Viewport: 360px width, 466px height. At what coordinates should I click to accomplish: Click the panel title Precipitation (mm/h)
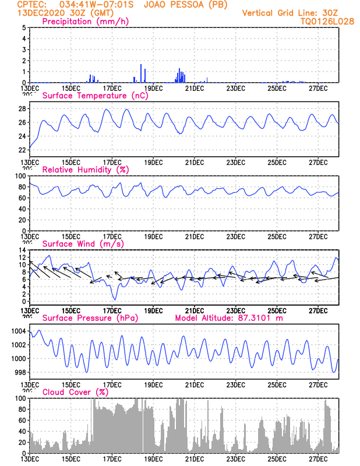(x=85, y=22)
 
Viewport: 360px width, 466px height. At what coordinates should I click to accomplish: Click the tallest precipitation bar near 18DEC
(x=141, y=73)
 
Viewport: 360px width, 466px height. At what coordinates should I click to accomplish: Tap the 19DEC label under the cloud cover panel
(x=153, y=459)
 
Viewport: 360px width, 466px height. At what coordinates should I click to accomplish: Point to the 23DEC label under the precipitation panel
(x=235, y=88)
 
